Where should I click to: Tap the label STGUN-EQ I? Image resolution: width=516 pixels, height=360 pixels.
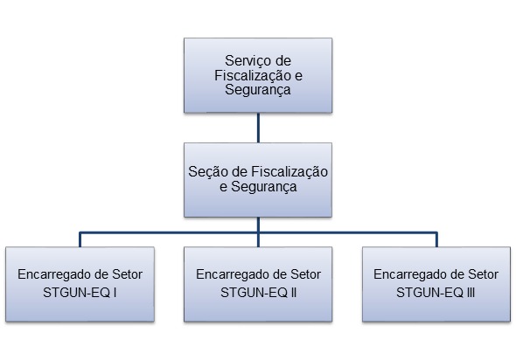coord(80,292)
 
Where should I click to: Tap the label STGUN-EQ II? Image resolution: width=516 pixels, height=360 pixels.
coord(258,292)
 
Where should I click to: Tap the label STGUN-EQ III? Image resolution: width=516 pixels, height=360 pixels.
coord(436,292)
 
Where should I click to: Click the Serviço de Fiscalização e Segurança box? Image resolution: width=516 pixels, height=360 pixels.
coord(258,75)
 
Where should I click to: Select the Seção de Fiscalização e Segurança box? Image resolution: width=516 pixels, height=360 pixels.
coord(258,180)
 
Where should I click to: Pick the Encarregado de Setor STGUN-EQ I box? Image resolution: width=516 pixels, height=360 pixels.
coord(80,284)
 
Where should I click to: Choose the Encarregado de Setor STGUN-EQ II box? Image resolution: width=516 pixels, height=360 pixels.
coord(258,284)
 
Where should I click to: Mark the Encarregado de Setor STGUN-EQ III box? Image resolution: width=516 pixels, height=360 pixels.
coord(436,284)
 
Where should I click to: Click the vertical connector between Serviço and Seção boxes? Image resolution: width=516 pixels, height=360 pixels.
coord(258,128)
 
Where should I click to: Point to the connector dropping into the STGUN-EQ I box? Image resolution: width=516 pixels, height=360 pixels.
coord(80,239)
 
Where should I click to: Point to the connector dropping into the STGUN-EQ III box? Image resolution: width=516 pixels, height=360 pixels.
coord(436,239)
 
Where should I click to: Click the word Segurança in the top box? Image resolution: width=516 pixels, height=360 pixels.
coord(258,90)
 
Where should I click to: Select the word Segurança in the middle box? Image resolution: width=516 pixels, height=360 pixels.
coord(264,187)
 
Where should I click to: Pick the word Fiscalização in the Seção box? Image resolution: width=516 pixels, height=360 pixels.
coord(289,172)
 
